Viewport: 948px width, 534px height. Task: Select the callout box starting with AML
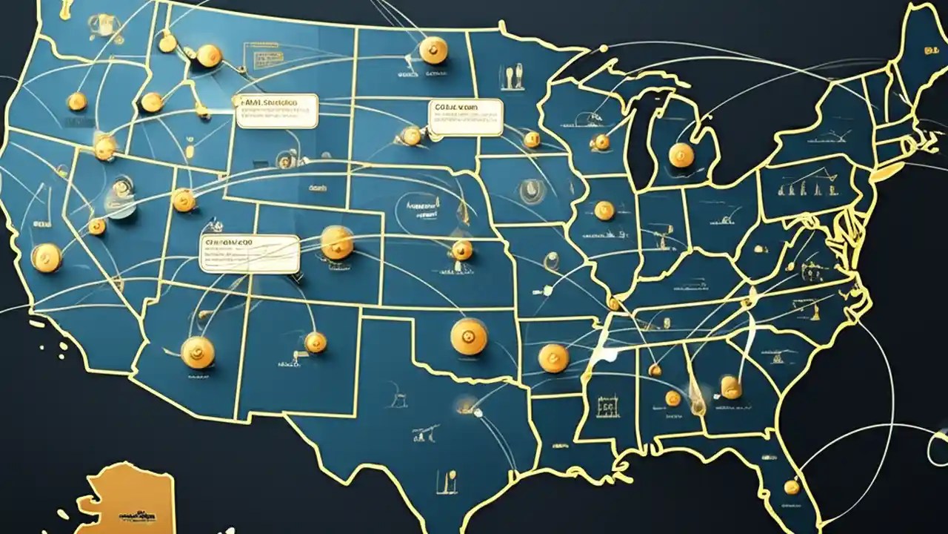276,111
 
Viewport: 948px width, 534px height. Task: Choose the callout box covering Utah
250,254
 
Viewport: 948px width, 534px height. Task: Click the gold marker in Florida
792,487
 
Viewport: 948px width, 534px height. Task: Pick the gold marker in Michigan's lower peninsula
681,155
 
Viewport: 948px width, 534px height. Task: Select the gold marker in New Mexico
316,342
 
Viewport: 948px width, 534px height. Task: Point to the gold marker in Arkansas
553,358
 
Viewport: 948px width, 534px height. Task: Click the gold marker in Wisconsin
601,142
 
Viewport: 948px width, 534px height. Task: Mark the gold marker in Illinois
604,211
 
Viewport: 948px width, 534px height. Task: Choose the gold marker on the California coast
46,257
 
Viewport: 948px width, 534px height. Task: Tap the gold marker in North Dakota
433,50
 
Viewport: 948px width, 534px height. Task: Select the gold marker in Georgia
731,386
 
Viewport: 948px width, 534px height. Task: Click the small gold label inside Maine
927,51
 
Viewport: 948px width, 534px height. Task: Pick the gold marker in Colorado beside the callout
337,243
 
